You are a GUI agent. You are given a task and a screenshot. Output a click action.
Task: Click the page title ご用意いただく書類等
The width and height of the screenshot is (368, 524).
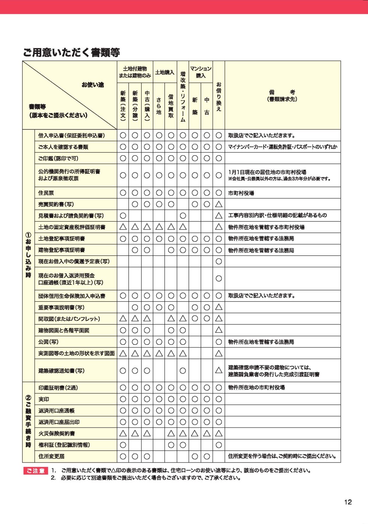(71, 53)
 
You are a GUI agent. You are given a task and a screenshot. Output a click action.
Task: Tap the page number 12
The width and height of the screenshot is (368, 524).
(348, 502)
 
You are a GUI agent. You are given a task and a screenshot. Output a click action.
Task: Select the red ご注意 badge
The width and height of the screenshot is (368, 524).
(36, 471)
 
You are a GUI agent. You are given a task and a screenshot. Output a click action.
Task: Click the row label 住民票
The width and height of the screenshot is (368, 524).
(46, 193)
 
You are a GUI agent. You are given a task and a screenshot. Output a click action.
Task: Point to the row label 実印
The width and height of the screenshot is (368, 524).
(43, 399)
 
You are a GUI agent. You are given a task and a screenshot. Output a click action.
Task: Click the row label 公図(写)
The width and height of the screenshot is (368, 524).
(48, 342)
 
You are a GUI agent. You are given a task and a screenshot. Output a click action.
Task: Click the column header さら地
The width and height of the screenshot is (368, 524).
(159, 106)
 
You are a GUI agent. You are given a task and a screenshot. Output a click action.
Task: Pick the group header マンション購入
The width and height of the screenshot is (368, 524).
(201, 72)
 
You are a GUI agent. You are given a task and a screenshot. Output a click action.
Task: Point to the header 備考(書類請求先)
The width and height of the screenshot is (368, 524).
(282, 96)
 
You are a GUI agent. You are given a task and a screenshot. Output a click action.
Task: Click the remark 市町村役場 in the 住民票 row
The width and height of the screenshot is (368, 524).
(241, 193)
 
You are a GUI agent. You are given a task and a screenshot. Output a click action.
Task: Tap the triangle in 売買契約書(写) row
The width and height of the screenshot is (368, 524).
(219, 204)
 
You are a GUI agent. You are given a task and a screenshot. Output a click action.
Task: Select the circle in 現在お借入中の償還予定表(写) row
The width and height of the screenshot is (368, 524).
(219, 262)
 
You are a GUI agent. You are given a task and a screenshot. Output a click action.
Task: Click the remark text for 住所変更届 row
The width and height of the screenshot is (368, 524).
(282, 457)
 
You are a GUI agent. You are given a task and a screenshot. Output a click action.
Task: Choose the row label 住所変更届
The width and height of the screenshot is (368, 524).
(51, 457)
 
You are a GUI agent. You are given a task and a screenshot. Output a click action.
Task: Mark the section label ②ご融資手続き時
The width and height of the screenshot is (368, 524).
(28, 422)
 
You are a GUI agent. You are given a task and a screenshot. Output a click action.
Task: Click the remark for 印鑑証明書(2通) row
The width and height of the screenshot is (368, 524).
(256, 387)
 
